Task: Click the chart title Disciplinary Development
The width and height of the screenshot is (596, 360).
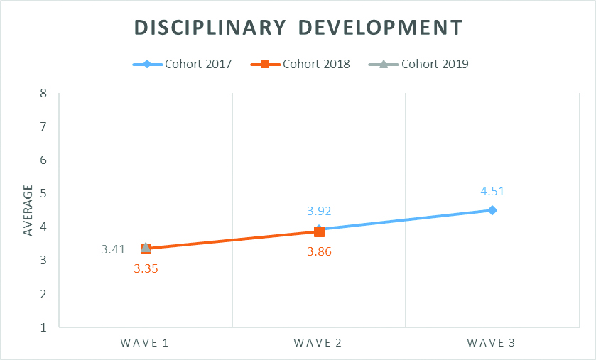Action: point(298,27)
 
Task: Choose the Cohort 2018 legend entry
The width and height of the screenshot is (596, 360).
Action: point(300,64)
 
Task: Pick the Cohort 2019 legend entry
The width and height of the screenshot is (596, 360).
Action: point(419,64)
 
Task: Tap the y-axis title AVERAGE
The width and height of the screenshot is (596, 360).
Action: point(28,210)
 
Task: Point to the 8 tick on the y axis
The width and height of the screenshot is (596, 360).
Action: point(43,93)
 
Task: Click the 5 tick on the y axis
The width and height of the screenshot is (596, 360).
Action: point(43,194)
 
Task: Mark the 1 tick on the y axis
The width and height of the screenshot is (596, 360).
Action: point(43,328)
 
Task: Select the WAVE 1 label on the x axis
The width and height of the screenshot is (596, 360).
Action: point(145,344)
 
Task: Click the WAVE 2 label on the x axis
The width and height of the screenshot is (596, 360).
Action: point(318,344)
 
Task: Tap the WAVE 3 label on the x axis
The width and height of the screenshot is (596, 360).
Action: point(492,344)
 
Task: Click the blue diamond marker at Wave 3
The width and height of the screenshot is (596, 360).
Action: point(492,210)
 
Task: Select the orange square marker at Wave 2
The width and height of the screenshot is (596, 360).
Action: point(319,231)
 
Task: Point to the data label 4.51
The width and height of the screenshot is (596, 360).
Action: point(492,191)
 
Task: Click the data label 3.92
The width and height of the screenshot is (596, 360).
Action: point(319,211)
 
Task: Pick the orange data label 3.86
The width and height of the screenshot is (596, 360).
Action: point(319,251)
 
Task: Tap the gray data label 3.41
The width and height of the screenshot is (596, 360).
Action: point(113,249)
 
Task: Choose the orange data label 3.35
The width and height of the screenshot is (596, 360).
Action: point(146,268)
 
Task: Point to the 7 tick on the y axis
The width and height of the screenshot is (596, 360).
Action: point(43,126)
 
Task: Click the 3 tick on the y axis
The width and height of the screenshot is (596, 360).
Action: point(43,261)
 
